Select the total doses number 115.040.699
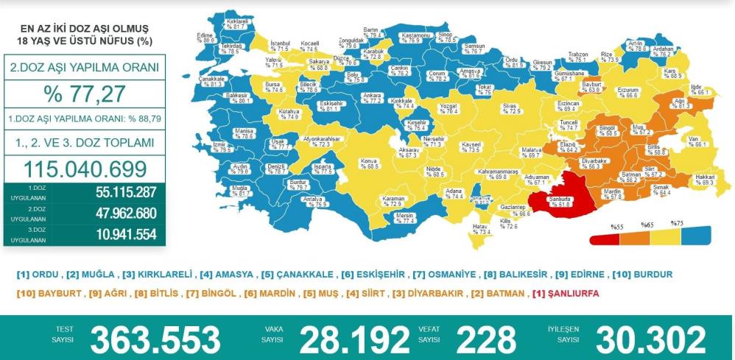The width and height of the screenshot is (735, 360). (x=84, y=169)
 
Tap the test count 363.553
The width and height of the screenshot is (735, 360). (x=155, y=339)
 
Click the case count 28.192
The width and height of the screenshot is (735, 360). (x=354, y=339)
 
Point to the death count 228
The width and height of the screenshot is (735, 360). (x=486, y=339)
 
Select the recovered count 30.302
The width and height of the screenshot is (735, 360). (x=647, y=339)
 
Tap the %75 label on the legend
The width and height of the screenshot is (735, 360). (x=677, y=223)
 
